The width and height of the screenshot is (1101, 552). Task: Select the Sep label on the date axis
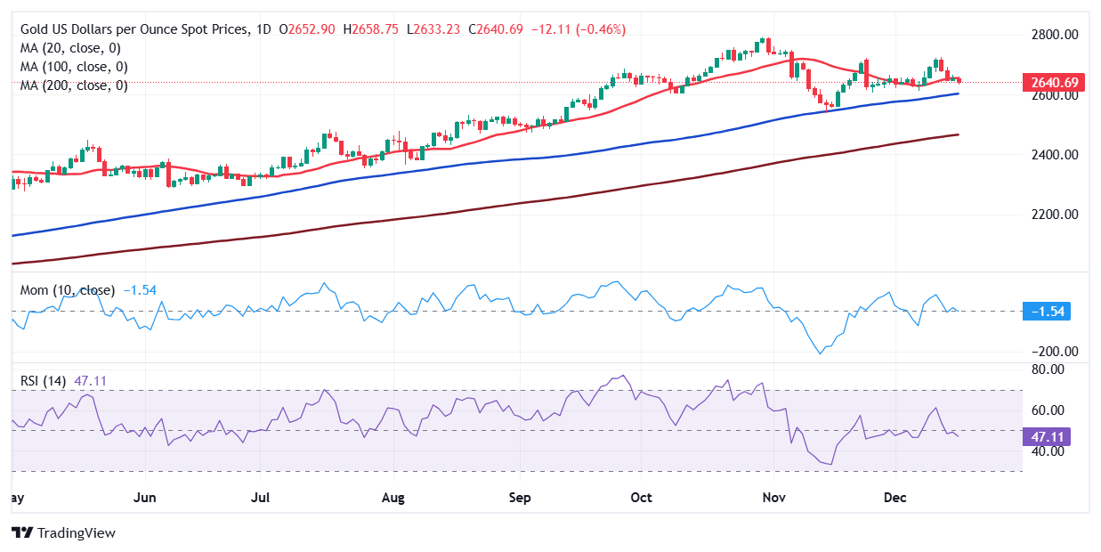[x=521, y=497]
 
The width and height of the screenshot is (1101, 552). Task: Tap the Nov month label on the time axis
[x=773, y=497]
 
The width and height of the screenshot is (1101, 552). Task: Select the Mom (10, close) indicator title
[x=68, y=290]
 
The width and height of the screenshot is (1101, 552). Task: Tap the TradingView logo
[x=63, y=532]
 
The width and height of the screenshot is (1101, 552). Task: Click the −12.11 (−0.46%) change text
[x=579, y=29]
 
